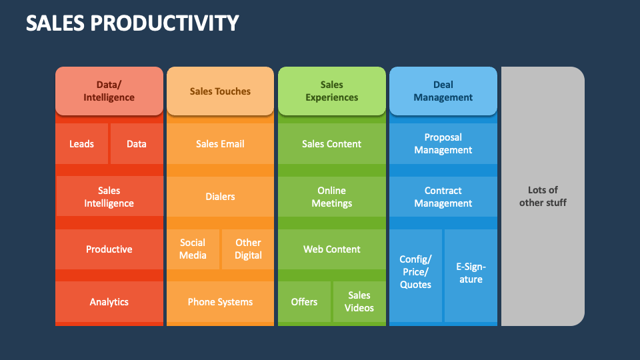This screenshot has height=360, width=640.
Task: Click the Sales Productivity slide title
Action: pyautogui.click(x=132, y=23)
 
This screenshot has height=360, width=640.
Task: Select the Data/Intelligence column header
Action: pyautogui.click(x=109, y=91)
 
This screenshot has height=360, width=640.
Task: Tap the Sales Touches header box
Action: pyautogui.click(x=220, y=91)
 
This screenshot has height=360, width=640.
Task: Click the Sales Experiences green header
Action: pyautogui.click(x=331, y=91)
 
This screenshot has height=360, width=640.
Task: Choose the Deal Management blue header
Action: pyautogui.click(x=443, y=91)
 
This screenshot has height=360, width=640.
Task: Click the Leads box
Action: pyautogui.click(x=81, y=144)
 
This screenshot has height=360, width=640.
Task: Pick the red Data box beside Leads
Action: pyautogui.click(x=137, y=144)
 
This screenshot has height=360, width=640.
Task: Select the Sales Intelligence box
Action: pyautogui.click(x=109, y=197)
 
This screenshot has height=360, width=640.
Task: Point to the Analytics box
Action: pyautogui.click(x=109, y=302)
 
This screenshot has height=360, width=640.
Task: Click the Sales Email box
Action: pyautogui.click(x=220, y=144)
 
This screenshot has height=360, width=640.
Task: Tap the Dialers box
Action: pyautogui.click(x=220, y=197)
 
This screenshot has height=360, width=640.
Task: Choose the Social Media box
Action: pyautogui.click(x=193, y=249)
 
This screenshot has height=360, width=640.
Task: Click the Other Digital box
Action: pyautogui.click(x=248, y=249)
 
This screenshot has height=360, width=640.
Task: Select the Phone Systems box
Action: pyautogui.click(x=220, y=302)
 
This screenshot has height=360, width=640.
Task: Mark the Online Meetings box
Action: pyautogui.click(x=331, y=197)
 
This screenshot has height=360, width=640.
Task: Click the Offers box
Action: pyautogui.click(x=304, y=302)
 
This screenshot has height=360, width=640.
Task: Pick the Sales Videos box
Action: pyautogui.click(x=359, y=302)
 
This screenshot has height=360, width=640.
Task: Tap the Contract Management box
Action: pyautogui.click(x=443, y=197)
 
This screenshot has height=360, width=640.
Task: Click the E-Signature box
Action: pyautogui.click(x=471, y=274)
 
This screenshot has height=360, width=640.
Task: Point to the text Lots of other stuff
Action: pyautogui.click(x=543, y=197)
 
